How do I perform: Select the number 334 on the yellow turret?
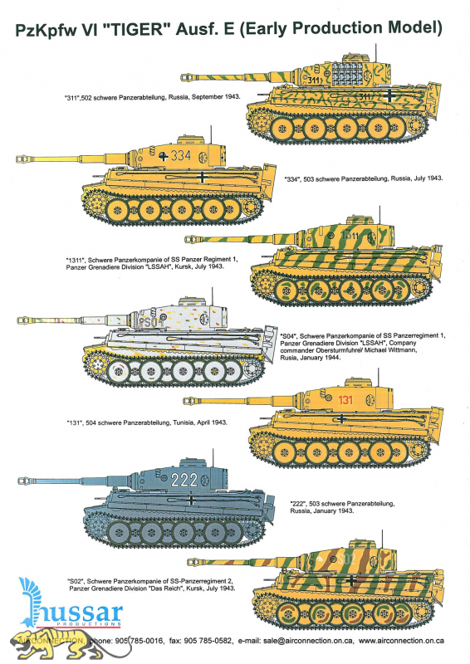pos(199,155)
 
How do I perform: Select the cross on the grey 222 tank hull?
pos(192,498)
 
